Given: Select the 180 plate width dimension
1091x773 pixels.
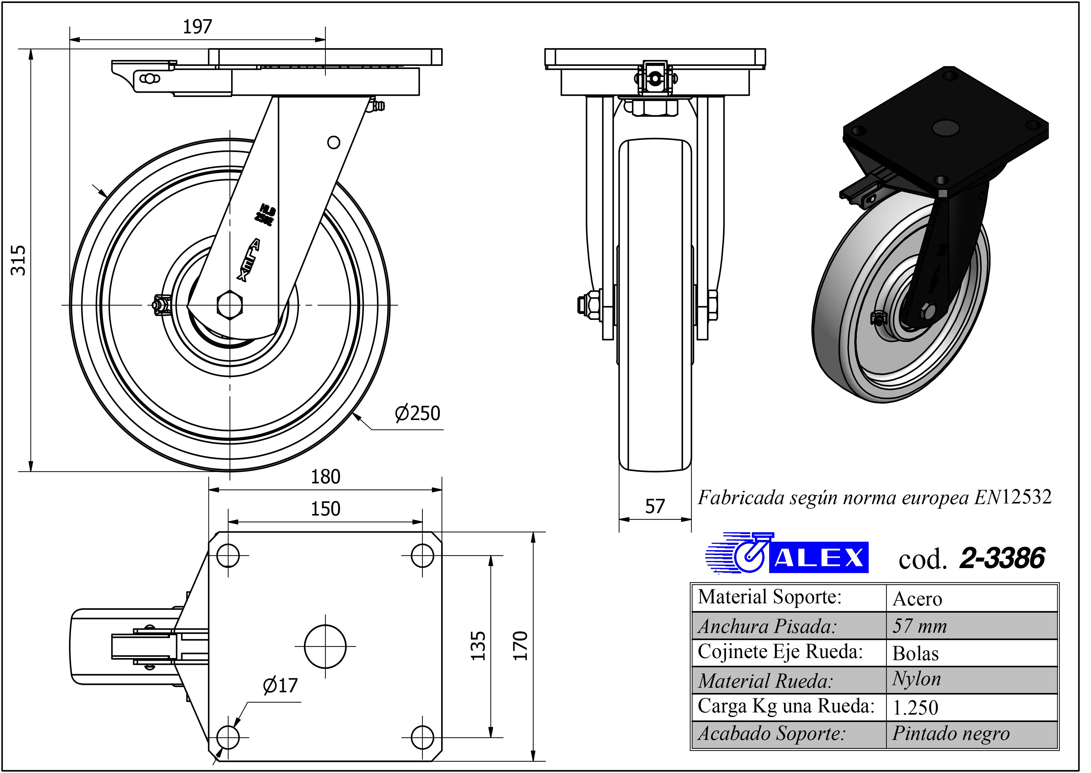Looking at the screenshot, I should pos(326,477).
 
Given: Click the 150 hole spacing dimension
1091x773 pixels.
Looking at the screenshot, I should pos(326,509).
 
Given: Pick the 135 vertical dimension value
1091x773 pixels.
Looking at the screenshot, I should pos(478,646).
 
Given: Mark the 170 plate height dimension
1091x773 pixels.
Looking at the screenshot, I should pos(520,646).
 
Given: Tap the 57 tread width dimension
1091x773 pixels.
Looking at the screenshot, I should pos(655,507).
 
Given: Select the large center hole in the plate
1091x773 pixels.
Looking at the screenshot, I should pos(325,646).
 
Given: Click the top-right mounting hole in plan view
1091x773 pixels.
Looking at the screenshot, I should pos(422,555).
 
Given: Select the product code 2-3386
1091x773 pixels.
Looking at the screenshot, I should pos(1002,558).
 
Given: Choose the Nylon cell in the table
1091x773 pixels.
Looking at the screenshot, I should pos(917,679).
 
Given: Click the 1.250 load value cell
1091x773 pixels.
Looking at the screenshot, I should pos(915,707).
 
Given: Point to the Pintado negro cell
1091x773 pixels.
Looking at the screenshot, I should pos(951,733).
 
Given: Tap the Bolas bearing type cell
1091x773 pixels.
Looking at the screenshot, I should pos(915,653).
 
